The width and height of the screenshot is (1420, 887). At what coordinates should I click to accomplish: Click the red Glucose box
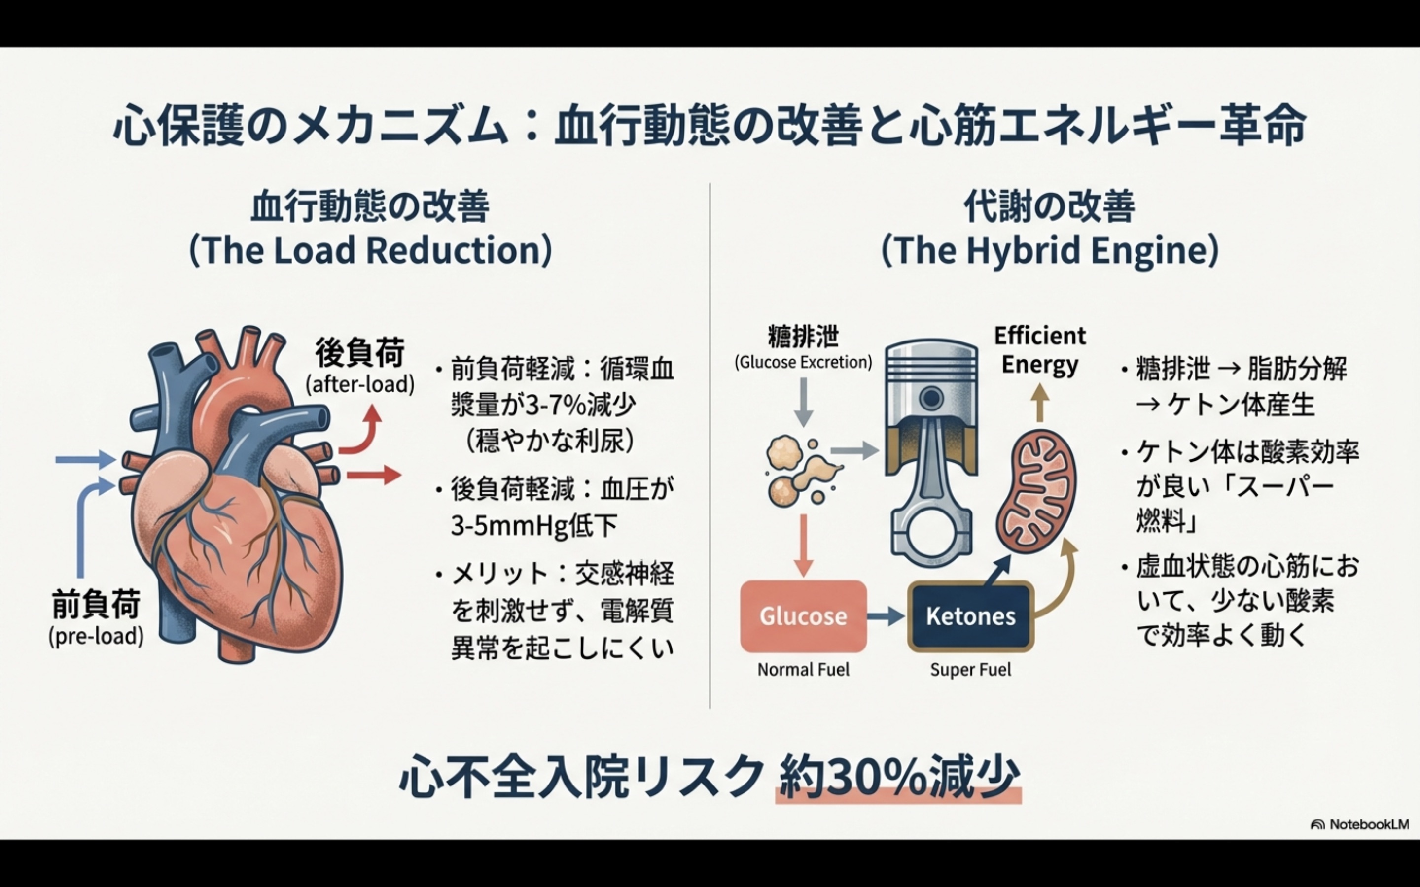pyautogui.click(x=803, y=616)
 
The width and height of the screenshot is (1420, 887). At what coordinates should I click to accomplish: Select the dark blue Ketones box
pyautogui.click(x=970, y=616)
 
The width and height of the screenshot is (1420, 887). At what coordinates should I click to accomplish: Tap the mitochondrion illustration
pyautogui.click(x=1037, y=490)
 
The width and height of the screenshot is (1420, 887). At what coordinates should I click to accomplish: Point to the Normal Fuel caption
pyautogui.click(x=803, y=669)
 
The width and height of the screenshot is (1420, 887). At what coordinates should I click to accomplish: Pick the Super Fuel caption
pyautogui.click(x=970, y=669)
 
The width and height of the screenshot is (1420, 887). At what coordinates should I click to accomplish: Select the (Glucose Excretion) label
pyautogui.click(x=803, y=362)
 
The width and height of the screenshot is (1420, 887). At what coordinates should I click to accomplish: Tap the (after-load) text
pyautogui.click(x=360, y=384)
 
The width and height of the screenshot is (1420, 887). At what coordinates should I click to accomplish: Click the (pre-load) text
pyautogui.click(x=96, y=636)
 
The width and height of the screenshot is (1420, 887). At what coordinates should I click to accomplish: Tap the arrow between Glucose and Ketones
pyautogui.click(x=886, y=616)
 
